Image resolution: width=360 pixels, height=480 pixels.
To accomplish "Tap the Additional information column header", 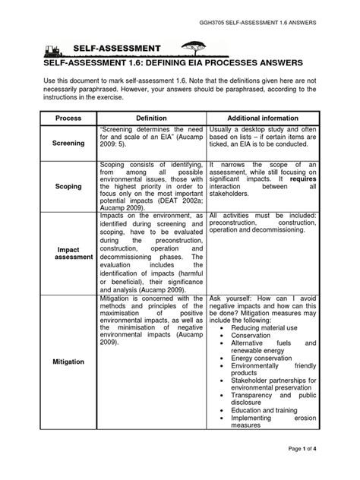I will coord(262,118).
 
